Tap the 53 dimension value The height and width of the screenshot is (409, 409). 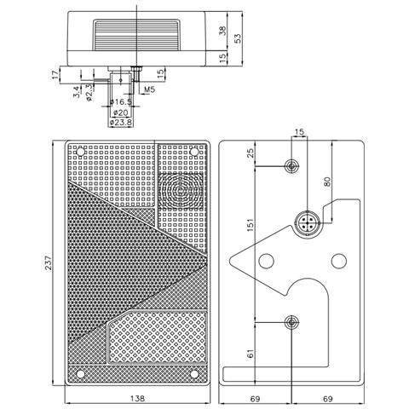(x=239, y=37)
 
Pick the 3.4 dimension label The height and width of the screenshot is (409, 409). (x=78, y=92)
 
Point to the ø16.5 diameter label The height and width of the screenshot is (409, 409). (x=125, y=101)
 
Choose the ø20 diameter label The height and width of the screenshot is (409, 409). (x=121, y=112)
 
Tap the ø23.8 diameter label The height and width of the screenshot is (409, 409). (x=123, y=122)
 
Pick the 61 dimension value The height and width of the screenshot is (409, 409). (x=250, y=351)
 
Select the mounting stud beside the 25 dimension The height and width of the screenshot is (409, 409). (x=292, y=164)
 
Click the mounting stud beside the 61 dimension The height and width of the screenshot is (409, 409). (x=292, y=322)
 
